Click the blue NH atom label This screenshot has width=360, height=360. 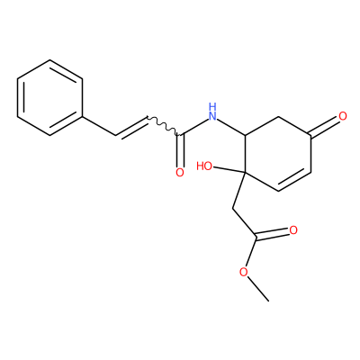[x=212, y=112]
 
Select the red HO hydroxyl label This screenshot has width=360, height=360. [x=204, y=166]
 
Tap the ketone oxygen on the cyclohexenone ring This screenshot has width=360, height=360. [x=343, y=116]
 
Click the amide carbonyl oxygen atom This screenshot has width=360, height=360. [x=180, y=172]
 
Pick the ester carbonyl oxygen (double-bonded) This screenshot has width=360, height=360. [x=293, y=230]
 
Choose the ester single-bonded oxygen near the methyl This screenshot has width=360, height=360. [x=244, y=272]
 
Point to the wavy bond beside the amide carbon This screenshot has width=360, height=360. [x=163, y=125]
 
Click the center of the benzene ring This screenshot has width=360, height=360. [x=49, y=97]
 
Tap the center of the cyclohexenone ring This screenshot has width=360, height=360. [x=278, y=154]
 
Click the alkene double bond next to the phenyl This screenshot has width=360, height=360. [x=131, y=127]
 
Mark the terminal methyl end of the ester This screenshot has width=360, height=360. [x=268, y=301]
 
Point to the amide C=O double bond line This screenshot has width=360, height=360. [x=180, y=150]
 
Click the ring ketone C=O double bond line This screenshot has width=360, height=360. [x=326, y=127]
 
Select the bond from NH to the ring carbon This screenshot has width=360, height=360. [x=231, y=127]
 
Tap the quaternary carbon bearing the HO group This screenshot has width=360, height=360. [x=245, y=173]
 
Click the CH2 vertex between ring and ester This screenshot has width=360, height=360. [x=233, y=208]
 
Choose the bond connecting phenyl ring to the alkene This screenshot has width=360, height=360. [x=99, y=126]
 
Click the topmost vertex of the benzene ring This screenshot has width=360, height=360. [x=49, y=60]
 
